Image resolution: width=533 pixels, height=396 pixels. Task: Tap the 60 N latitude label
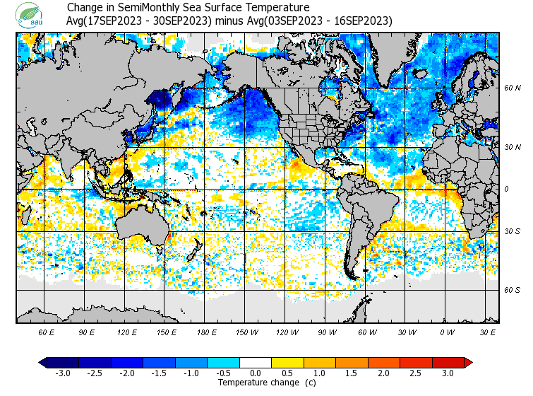(513, 88)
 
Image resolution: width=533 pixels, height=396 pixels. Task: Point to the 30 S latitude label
(513, 232)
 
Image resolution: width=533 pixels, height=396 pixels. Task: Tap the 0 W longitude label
(446, 332)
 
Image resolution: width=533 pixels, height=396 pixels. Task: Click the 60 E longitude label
(47, 332)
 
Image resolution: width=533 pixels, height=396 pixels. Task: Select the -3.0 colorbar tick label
(63, 373)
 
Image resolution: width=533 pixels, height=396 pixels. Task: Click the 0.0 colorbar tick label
(256, 373)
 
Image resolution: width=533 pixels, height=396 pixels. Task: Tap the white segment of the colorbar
(256, 363)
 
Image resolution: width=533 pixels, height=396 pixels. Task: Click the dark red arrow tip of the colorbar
(467, 363)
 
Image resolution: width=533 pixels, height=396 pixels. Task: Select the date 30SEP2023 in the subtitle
(181, 21)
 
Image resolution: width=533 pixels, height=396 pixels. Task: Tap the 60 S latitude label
(513, 290)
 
